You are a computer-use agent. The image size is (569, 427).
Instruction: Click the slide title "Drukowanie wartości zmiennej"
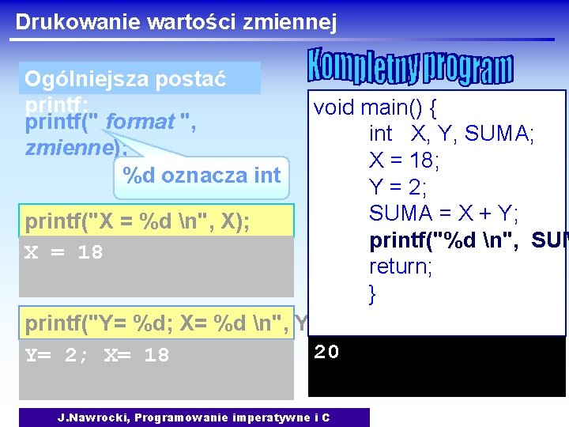175,21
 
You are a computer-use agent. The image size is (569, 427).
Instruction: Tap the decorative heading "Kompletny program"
409,68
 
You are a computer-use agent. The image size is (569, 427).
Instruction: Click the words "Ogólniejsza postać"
126,79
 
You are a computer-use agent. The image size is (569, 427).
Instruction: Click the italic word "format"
140,123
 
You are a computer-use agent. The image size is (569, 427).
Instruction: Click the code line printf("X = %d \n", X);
137,221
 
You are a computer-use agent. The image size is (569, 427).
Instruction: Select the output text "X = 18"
64,252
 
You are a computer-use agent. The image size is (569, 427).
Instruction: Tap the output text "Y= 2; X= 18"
97,355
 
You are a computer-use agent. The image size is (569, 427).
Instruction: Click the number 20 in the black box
326,352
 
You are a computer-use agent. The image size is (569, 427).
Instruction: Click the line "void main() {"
376,108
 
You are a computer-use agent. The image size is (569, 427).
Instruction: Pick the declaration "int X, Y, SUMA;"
451,134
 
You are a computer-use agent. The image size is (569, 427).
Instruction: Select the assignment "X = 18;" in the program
405,161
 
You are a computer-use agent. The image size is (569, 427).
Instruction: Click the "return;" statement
400,266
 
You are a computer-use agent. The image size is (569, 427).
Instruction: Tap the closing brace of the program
372,293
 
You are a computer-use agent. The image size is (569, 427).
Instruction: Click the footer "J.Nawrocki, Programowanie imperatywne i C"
194,418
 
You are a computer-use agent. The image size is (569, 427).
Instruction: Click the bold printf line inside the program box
466,240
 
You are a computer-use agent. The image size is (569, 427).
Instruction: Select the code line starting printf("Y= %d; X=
158,323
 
